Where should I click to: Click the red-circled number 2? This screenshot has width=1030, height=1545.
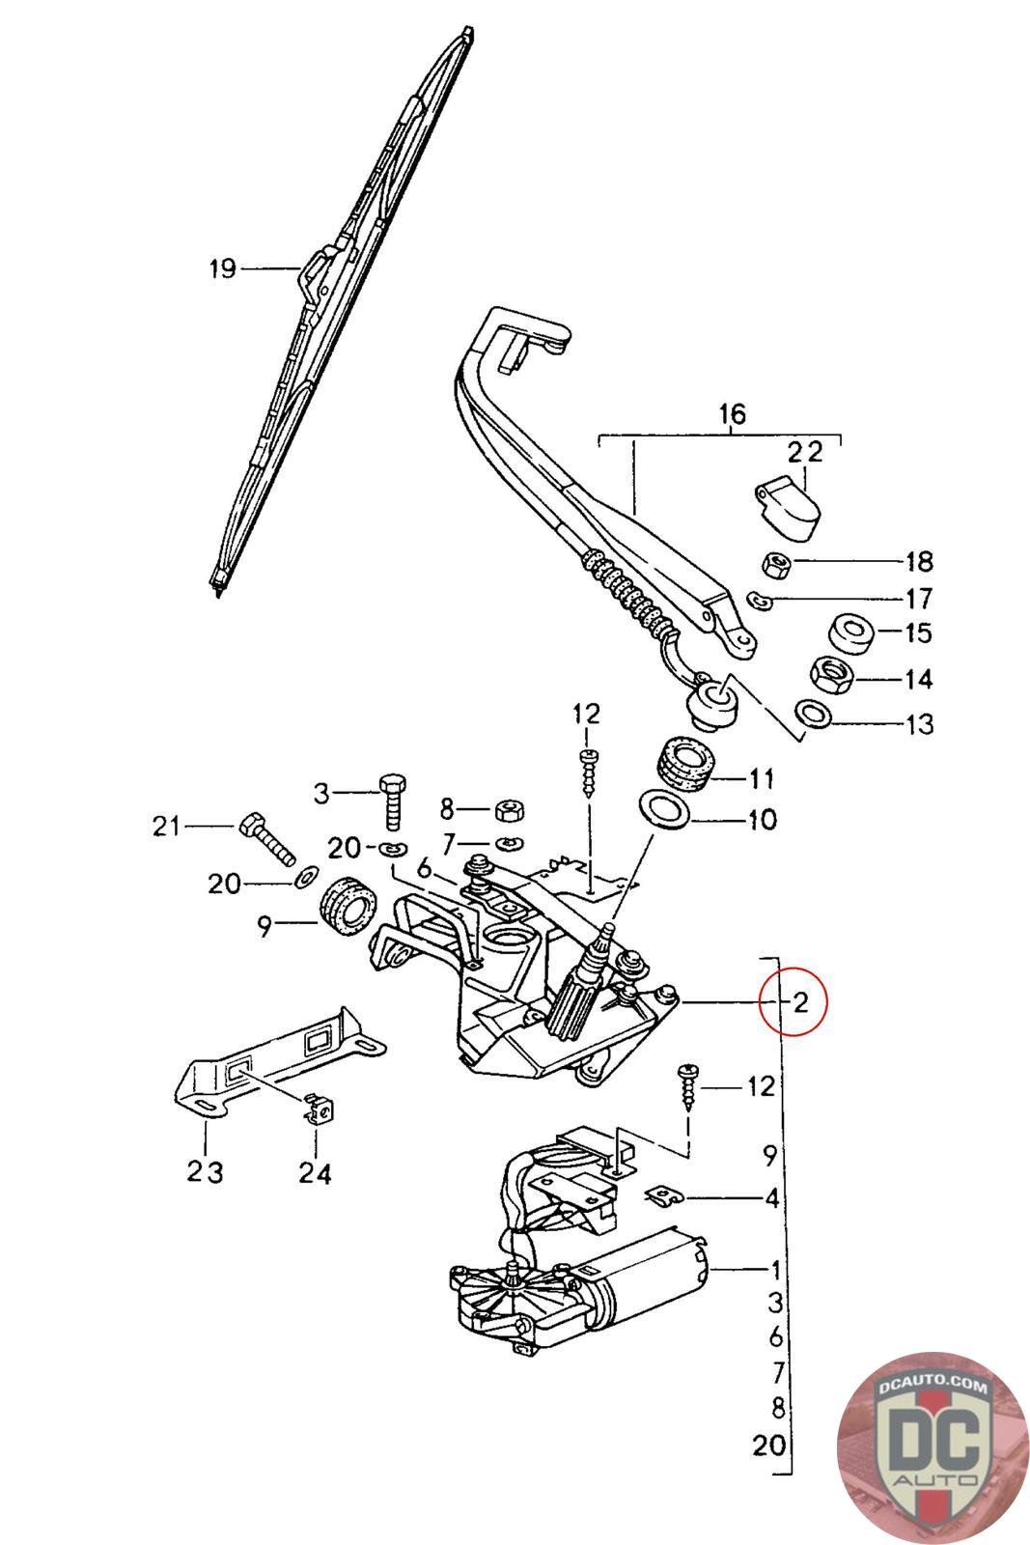(x=799, y=1001)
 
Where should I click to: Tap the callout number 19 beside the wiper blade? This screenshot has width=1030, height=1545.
(x=223, y=268)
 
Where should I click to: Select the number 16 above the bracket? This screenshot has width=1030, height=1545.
(x=732, y=415)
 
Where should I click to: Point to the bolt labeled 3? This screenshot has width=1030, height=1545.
(x=392, y=799)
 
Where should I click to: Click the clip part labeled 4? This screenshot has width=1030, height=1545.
(x=664, y=1196)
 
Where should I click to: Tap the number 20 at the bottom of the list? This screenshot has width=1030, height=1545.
(x=769, y=1446)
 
